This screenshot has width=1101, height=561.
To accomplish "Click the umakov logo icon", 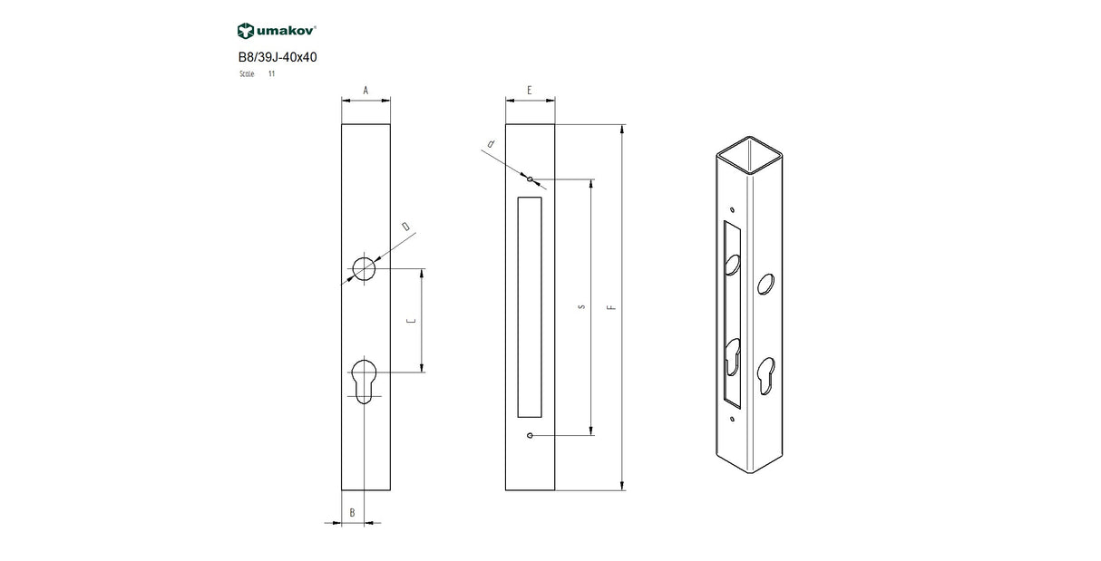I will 245,32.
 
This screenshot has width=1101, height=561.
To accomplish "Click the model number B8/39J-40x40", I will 277,56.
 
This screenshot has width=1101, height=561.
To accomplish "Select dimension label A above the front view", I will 365,91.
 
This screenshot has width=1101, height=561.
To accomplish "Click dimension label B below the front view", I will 353,513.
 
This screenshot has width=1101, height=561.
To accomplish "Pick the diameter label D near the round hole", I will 405,226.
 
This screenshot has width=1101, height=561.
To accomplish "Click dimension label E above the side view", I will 529,91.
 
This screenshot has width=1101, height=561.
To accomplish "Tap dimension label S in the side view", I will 580,306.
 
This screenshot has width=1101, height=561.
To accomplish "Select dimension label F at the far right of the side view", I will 612,306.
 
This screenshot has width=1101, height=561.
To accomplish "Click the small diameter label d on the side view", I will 491,144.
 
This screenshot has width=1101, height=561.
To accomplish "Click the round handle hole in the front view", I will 365,269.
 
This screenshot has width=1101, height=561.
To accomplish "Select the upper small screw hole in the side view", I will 530,179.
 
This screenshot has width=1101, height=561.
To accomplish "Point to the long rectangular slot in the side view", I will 529,306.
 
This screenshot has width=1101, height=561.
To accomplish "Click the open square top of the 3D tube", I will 752,154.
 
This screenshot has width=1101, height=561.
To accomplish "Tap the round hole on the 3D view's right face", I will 766,283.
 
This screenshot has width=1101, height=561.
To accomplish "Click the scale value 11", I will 271,73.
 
